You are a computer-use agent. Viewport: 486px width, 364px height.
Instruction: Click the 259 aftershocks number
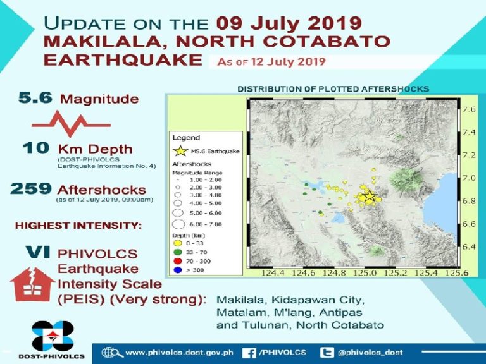point(31,189)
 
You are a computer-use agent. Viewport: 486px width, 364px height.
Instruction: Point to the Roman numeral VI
point(37,252)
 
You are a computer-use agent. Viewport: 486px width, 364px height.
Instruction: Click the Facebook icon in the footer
point(249,353)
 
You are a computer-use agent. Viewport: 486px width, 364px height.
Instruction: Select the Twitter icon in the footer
point(327,353)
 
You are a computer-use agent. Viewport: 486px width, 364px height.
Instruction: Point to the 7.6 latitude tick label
point(469,109)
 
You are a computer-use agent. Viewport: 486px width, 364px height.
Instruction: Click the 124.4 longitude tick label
point(273,273)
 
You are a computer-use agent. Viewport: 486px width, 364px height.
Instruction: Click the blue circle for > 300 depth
point(177,270)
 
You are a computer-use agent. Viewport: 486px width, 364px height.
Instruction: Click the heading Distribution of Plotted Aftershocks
point(333,89)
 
